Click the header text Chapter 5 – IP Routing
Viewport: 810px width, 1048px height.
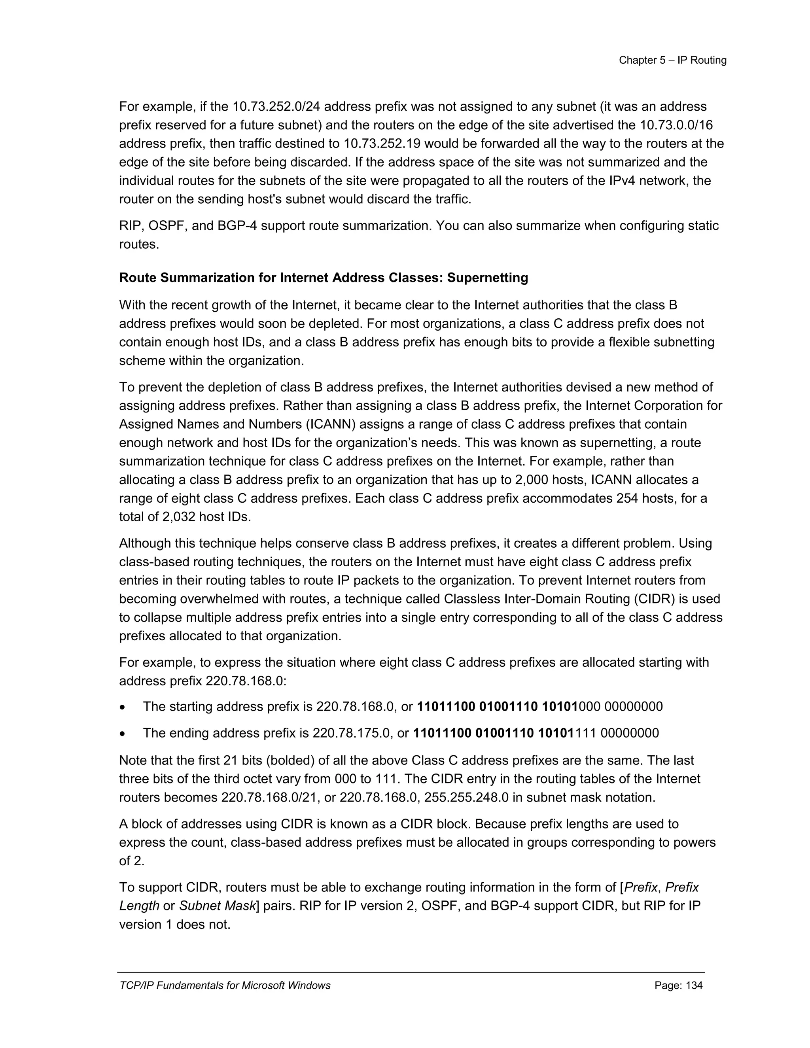pyautogui.click(x=672, y=60)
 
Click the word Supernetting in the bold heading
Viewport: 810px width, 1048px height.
pyautogui.click(x=488, y=278)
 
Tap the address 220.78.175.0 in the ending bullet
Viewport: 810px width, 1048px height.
pyautogui.click(x=353, y=733)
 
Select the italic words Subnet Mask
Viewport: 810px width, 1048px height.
pyautogui.click(x=217, y=906)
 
